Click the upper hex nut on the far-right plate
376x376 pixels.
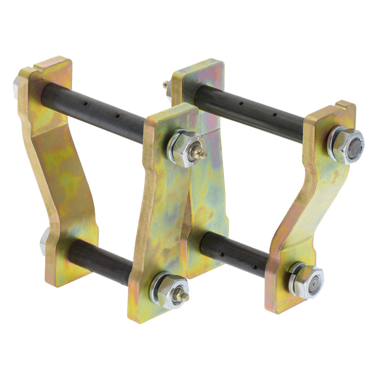348,145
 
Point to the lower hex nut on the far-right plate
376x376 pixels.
307,281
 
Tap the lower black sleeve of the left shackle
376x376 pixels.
101,261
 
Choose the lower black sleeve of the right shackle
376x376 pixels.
235,254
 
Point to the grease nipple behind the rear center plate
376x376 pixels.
166,85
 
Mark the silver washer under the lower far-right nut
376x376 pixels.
293,282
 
